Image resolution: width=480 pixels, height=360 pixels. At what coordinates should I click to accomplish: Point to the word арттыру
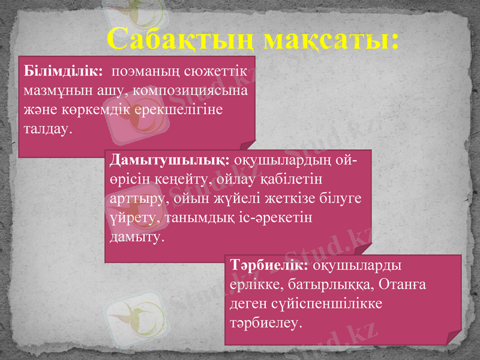point(137,198)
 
